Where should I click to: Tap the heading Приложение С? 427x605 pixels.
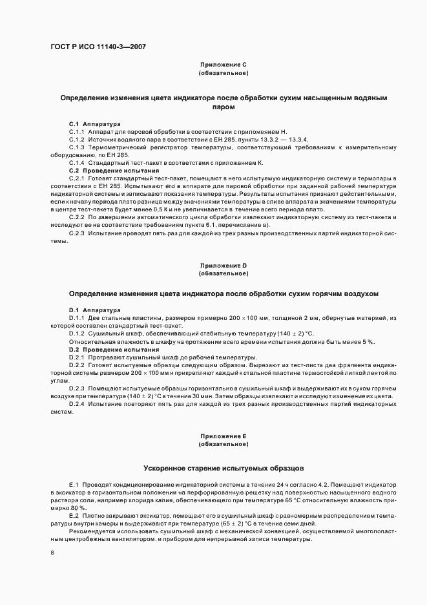tap(224, 65)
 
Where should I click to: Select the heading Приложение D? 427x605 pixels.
tap(224, 266)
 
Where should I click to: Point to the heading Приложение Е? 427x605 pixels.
tap(224, 437)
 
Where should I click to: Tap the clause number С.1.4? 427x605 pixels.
tap(77, 162)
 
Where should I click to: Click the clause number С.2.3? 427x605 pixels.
tap(77, 233)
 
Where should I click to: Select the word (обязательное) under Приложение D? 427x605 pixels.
tap(224, 273)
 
